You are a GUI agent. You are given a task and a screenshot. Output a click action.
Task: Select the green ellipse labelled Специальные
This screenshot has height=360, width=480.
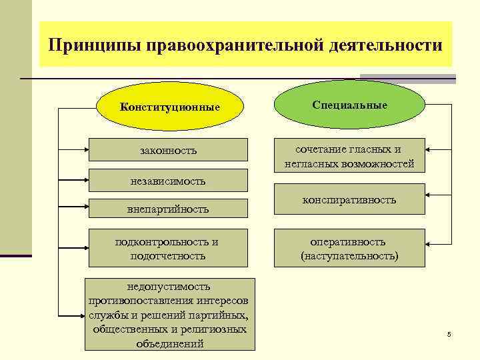(349, 105)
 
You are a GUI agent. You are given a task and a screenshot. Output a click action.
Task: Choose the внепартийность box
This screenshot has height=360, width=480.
(167, 209)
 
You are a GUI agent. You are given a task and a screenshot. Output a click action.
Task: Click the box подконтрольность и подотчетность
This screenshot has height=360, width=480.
(167, 248)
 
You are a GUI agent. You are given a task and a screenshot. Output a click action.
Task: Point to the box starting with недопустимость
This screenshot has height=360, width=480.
(170, 314)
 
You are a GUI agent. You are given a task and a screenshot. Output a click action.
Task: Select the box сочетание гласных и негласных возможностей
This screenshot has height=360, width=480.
(349, 156)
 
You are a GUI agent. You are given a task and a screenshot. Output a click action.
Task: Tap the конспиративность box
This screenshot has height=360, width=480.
(349, 199)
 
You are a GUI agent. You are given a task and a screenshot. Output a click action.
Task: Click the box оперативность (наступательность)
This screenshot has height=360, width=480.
(349, 248)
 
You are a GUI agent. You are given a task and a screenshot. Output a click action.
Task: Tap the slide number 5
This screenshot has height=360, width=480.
(449, 333)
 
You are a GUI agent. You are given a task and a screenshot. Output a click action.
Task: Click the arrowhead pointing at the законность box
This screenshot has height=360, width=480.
(85, 149)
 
